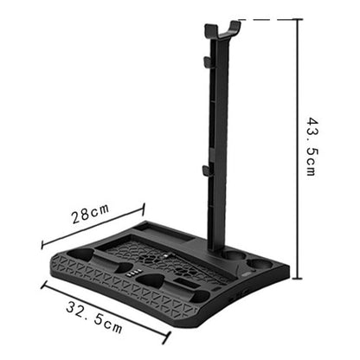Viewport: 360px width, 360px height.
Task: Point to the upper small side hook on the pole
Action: [206, 62]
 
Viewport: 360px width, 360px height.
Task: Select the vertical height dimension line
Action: [299, 147]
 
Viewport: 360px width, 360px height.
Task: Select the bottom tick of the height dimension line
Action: [299, 278]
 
